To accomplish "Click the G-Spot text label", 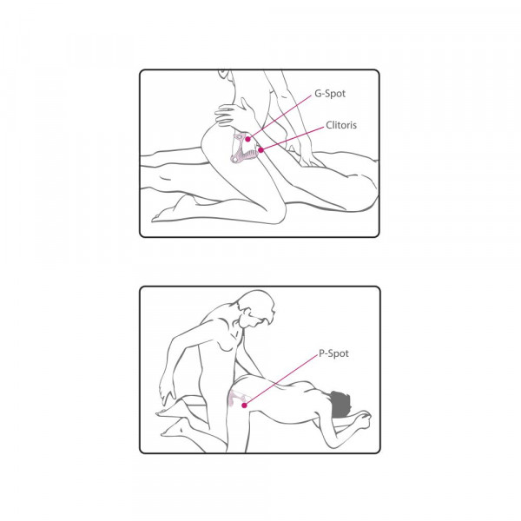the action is point(330,94).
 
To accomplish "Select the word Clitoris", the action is point(341,125).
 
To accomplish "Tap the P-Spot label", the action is point(333,353).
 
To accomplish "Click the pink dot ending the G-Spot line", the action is point(247,139).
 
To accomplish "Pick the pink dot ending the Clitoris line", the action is point(260,150).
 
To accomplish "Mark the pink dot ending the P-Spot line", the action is point(244,406).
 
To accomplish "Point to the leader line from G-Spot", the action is point(280,116).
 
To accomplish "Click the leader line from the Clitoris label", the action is point(293,139).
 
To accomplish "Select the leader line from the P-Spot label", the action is point(281,379).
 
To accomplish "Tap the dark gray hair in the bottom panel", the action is point(339,405).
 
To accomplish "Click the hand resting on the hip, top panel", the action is point(233,114).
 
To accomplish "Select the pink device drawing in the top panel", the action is point(245,148).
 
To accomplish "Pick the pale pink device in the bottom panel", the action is point(236,398).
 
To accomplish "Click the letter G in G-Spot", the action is point(318,94).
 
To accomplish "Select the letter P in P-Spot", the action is point(321,353).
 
